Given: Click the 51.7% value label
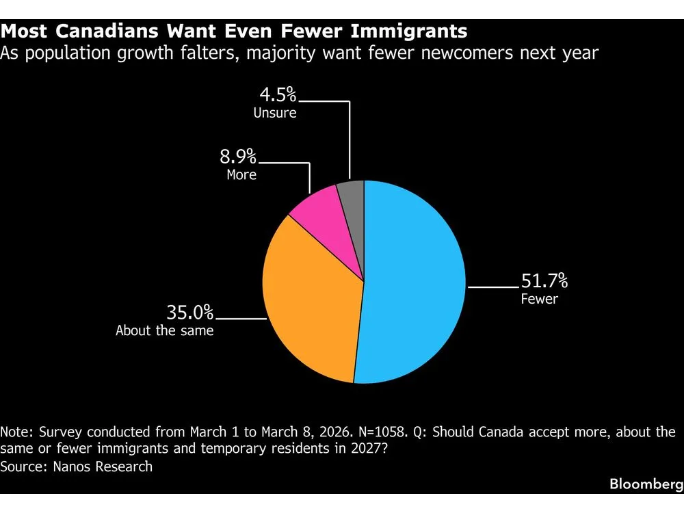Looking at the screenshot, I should (x=544, y=281).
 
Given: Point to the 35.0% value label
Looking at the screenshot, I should (x=189, y=313).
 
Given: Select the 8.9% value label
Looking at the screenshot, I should (x=237, y=157).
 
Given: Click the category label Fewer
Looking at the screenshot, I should (x=539, y=299).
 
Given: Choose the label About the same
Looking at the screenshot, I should (x=164, y=331).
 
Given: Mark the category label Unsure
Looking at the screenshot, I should (x=275, y=114).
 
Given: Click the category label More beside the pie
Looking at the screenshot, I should (x=241, y=175).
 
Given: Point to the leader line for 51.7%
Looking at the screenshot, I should (x=491, y=288).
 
